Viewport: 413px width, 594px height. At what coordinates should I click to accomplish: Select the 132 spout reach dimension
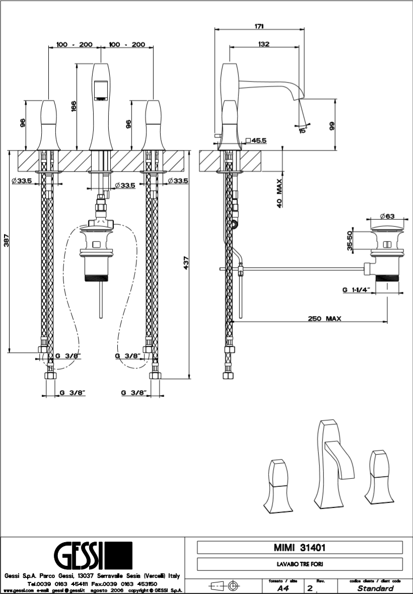(263, 44)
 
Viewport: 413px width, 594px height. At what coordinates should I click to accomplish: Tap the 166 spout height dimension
(74, 106)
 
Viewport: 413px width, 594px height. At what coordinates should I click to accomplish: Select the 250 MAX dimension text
(326, 318)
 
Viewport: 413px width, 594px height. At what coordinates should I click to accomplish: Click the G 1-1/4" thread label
(356, 290)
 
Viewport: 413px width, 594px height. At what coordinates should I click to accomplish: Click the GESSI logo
(93, 556)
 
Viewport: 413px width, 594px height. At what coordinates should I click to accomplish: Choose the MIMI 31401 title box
(299, 547)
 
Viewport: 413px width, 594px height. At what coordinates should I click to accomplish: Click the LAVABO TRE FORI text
(299, 564)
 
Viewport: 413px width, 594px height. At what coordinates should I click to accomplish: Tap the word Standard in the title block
(375, 588)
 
